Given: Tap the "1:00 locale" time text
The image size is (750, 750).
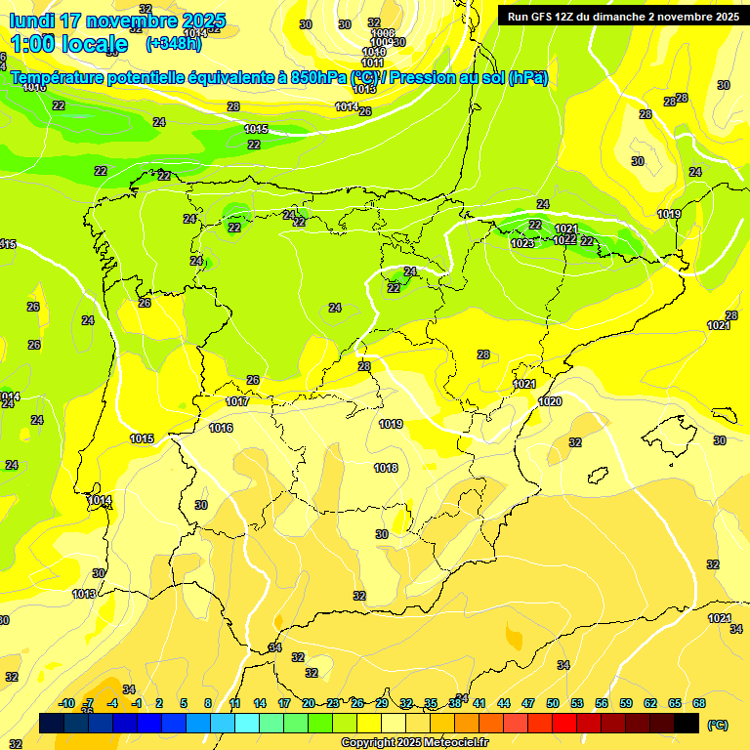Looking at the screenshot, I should (x=68, y=44).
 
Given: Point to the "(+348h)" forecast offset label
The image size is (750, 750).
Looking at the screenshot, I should (x=173, y=44).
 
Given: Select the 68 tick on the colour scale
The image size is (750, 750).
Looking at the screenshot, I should (x=699, y=703).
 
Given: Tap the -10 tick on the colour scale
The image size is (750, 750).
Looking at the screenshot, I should (x=66, y=703).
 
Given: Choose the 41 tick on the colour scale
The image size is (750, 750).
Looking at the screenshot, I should (x=479, y=703).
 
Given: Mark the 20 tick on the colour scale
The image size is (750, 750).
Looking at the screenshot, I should (x=309, y=703).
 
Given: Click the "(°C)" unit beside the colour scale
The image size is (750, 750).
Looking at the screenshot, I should (x=717, y=725).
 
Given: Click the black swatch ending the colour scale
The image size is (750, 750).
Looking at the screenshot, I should (x=687, y=723).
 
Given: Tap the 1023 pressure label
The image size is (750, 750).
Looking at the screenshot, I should (x=522, y=243).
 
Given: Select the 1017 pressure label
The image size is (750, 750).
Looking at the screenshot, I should (x=237, y=401).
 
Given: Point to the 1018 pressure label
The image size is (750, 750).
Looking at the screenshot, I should (x=386, y=468).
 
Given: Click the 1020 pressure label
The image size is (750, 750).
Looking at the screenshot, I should (x=550, y=401).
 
